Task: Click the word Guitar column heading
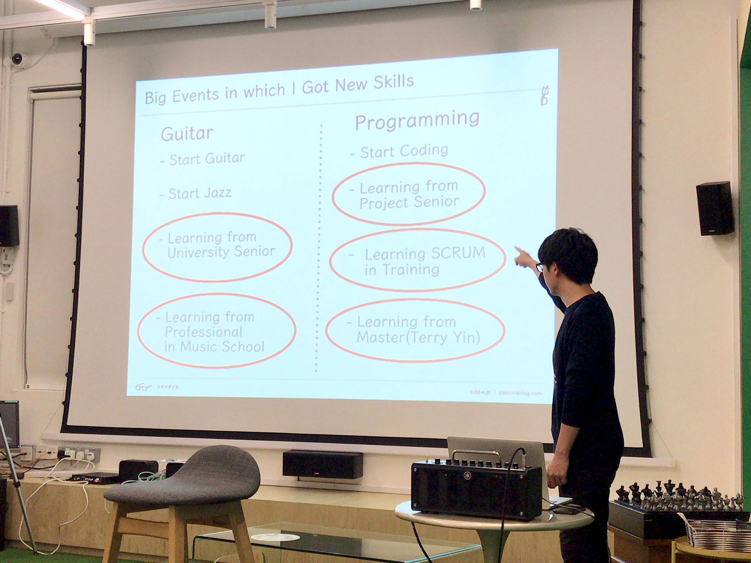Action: pyautogui.click(x=187, y=134)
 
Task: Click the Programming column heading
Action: pyautogui.click(x=417, y=120)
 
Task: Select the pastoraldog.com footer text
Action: pyautogui.click(x=520, y=393)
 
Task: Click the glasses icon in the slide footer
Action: pyautogui.click(x=143, y=387)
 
